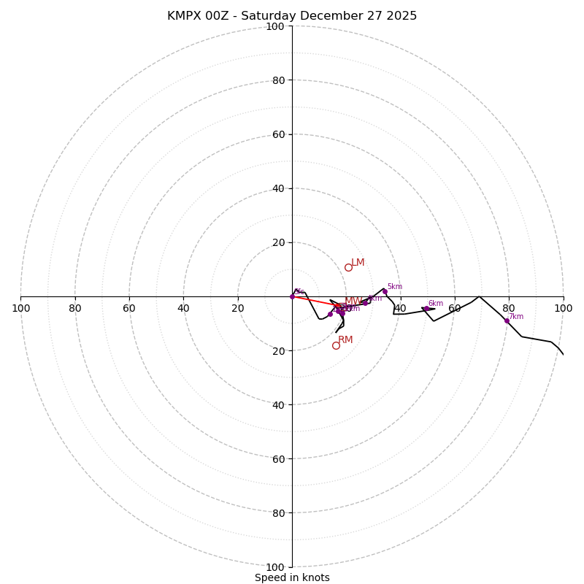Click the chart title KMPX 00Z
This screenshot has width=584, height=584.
(292, 16)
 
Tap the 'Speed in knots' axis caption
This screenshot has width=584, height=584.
(292, 577)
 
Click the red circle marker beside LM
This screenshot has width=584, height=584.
(348, 267)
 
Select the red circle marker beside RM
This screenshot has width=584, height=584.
(336, 345)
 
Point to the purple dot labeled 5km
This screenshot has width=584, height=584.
(385, 291)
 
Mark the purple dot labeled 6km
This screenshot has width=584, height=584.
(426, 309)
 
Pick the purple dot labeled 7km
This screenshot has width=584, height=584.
(507, 320)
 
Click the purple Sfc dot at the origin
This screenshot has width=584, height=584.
(292, 296)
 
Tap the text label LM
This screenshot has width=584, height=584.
(358, 263)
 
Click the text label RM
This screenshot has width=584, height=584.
(345, 340)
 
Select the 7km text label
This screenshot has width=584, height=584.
(515, 317)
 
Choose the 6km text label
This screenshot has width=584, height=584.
(435, 304)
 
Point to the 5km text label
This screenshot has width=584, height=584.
(394, 287)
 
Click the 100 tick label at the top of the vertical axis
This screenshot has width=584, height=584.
(274, 26)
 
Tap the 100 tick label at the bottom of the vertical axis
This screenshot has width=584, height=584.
(274, 567)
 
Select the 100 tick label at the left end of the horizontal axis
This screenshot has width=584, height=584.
(21, 309)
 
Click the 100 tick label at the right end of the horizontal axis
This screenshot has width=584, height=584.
(563, 309)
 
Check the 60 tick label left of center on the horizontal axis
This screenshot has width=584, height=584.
(129, 309)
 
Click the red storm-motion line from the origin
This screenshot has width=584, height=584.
(314, 301)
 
